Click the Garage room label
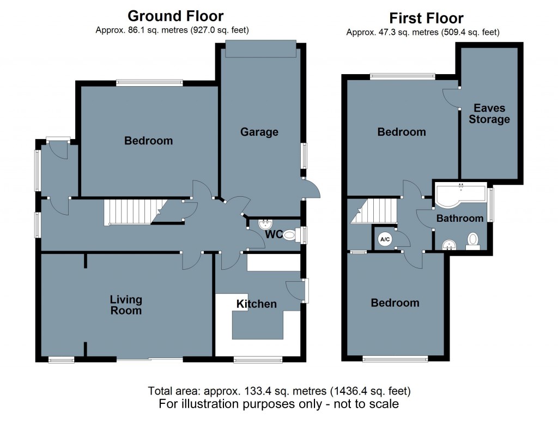coord(259,132)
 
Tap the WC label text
coord(274,235)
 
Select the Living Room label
coord(126,305)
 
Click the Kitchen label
coord(256,304)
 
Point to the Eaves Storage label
coord(489,114)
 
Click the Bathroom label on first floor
coord(459,218)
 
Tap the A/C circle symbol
coord(385,239)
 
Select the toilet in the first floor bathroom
coord(472,240)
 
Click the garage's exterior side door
coord(311,189)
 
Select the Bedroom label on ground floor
coord(148,141)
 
